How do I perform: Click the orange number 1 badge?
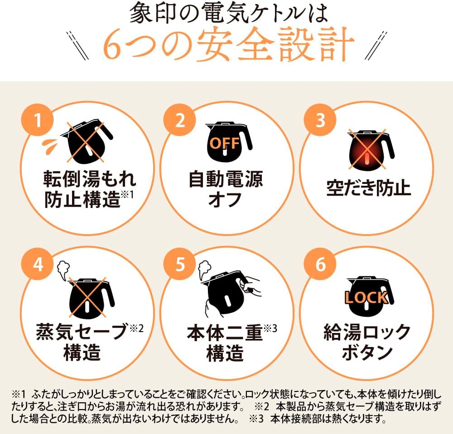pyautogui.click(x=37, y=120)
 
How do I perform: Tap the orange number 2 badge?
pyautogui.click(x=180, y=120)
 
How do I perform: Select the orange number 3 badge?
pyautogui.click(x=320, y=120)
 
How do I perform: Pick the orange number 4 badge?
pyautogui.click(x=37, y=264)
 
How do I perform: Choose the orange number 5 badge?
pyautogui.click(x=180, y=264)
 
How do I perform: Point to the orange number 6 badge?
pyautogui.click(x=320, y=264)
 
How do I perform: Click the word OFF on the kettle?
pyautogui.click(x=225, y=143)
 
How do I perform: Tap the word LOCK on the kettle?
pyautogui.click(x=366, y=297)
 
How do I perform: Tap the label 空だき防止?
pyautogui.click(x=368, y=188)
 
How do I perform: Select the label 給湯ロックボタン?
pyautogui.click(x=367, y=342)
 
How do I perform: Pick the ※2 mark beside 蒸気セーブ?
pyautogui.click(x=136, y=328)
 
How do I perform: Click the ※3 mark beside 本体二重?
pyautogui.click(x=270, y=328)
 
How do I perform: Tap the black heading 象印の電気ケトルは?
pyautogui.click(x=228, y=14)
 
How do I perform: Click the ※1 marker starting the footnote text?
pyautogui.click(x=19, y=394)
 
